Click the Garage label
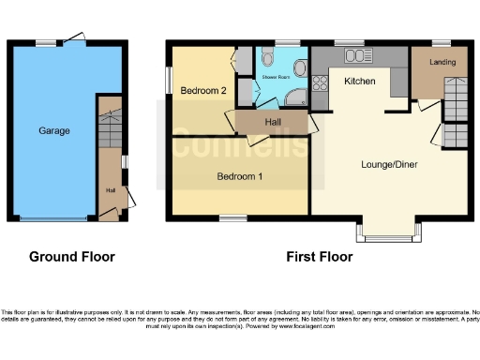tap(53, 131)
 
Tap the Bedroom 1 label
tap(239, 176)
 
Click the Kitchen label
tap(360, 82)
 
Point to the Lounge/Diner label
tap(388, 164)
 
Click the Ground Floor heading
tap(72, 256)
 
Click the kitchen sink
tap(356, 56)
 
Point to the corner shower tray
tap(295, 97)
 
